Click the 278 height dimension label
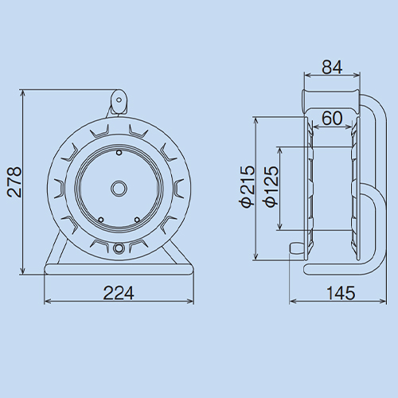(14, 182)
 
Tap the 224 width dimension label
(119, 293)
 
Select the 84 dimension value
(332, 67)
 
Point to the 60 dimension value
(332, 118)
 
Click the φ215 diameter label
(247, 186)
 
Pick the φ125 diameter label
(271, 186)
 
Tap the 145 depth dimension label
(341, 293)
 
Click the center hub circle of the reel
(119, 189)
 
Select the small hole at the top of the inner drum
(119, 153)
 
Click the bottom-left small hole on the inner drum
(101, 220)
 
